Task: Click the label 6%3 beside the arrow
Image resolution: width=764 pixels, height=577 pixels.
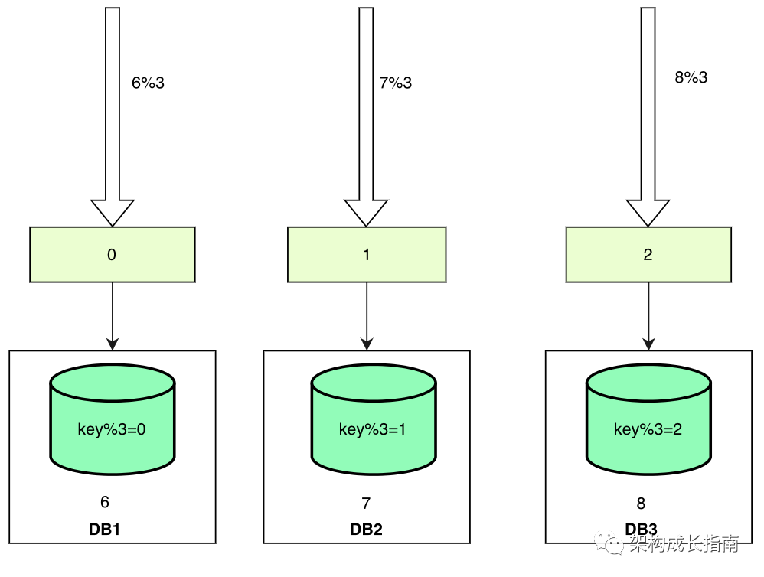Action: coord(148,83)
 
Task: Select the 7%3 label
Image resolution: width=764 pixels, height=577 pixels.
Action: coord(395,83)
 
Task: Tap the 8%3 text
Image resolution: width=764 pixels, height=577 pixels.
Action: coord(691,77)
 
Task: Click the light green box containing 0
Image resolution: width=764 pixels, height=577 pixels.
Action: coord(113,255)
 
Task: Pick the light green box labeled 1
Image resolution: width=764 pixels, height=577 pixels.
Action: coord(367,255)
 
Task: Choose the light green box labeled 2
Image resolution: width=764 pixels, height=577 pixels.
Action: coord(648,255)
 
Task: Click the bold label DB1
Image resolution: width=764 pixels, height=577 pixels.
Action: coord(105,530)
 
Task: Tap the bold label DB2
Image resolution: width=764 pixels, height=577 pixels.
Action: coord(366,530)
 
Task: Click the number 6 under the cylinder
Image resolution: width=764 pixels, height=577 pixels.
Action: coord(105,502)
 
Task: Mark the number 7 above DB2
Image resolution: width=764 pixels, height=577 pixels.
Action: coord(366,503)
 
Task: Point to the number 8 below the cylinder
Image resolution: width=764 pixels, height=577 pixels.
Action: coord(641,503)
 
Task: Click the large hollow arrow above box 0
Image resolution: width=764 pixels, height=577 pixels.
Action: coord(113,115)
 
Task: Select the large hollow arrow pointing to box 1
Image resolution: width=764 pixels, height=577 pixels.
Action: coord(367,115)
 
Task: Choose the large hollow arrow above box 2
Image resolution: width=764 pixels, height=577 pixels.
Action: coord(648,115)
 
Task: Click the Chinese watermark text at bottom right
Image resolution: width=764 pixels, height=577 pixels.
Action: coord(683,545)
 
